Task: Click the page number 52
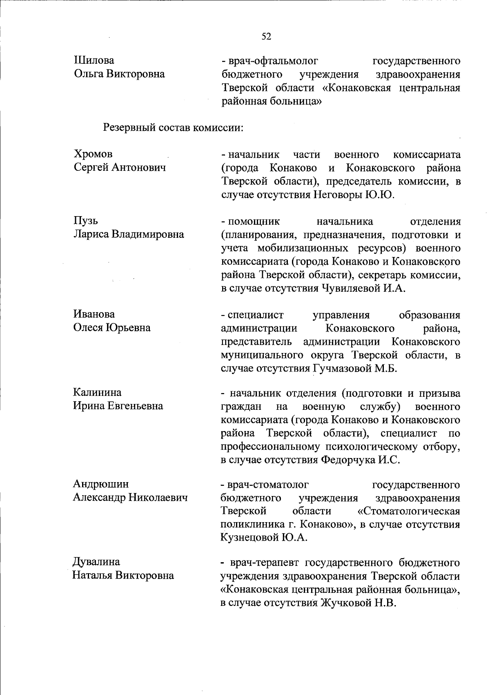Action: click(x=266, y=37)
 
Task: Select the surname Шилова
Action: click(x=94, y=60)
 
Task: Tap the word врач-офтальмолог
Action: click(x=273, y=61)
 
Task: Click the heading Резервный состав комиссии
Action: click(x=173, y=127)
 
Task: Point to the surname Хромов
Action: click(x=93, y=154)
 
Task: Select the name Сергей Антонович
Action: click(x=120, y=168)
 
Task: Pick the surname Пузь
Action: click(x=86, y=221)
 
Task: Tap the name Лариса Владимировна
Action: click(x=129, y=235)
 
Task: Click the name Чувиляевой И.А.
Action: click(x=364, y=288)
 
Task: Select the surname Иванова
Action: click(x=94, y=314)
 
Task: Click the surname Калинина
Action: click(x=97, y=393)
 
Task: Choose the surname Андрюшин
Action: click(x=101, y=484)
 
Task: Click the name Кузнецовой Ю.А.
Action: click(x=264, y=538)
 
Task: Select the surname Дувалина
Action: click(x=96, y=562)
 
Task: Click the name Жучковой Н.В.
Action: click(x=359, y=603)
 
